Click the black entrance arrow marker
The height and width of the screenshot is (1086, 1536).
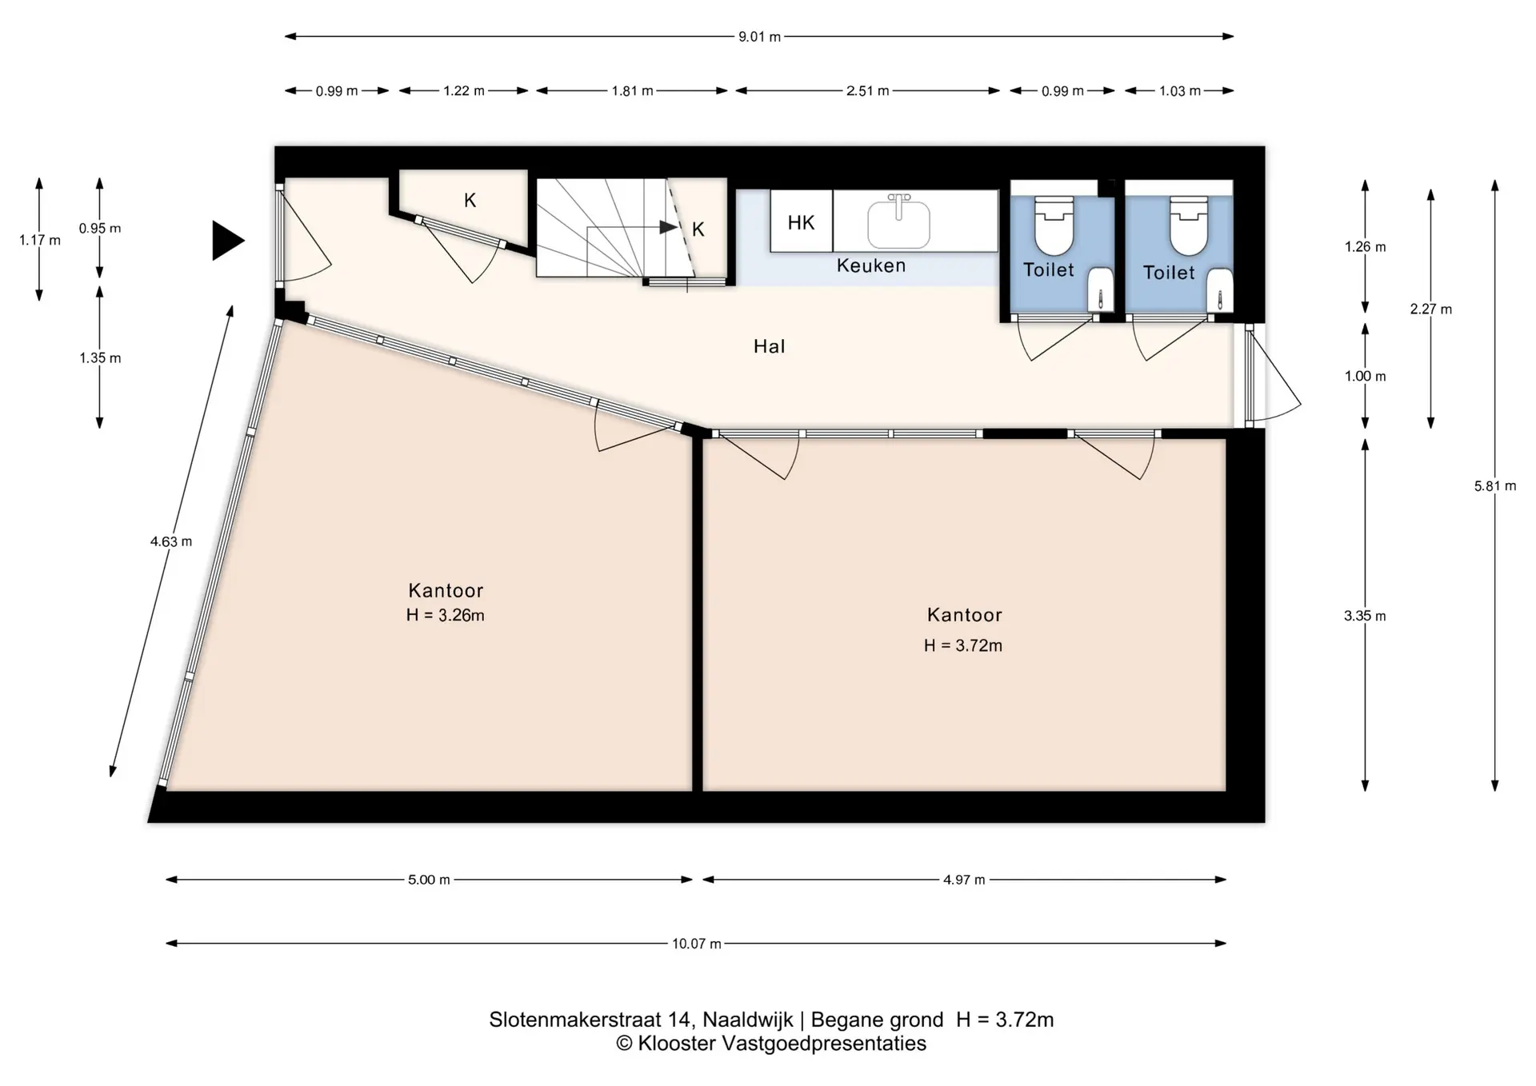pos(227,240)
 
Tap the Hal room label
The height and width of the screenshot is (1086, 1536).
pos(770,346)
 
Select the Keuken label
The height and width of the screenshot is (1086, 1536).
pos(871,266)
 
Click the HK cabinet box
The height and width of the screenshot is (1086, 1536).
pos(802,221)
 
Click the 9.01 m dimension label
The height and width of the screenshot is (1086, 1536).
pos(759,37)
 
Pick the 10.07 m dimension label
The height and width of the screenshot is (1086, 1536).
pos(697,944)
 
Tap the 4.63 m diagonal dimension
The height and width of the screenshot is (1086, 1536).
pos(171,541)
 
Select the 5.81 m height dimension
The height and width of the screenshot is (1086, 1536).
pos(1495,485)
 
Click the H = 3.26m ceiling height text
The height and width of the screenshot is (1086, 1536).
pos(445,615)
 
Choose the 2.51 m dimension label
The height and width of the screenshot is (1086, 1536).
pos(868,91)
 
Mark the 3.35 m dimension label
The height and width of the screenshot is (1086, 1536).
pos(1365,616)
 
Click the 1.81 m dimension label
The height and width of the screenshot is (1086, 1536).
pos(633,91)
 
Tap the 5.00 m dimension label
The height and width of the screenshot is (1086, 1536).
pos(430,880)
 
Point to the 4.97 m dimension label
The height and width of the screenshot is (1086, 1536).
pos(964,880)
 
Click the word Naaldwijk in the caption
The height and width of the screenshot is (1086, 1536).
pos(748,1020)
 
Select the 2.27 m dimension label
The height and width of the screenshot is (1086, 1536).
pos(1431,309)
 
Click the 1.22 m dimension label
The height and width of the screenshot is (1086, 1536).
pos(464,91)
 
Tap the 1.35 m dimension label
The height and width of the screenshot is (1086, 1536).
pos(100,357)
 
